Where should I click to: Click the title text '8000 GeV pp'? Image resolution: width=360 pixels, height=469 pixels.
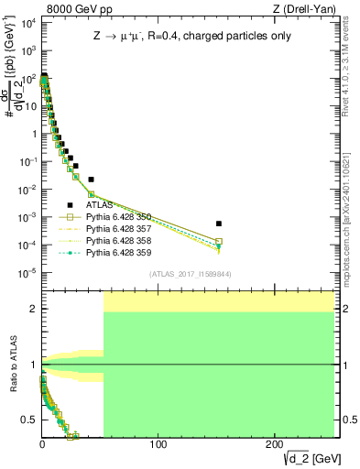(73, 9)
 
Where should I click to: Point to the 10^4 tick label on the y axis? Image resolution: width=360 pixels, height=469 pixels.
(27, 22)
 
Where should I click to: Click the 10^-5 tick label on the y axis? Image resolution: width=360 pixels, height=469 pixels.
(27, 274)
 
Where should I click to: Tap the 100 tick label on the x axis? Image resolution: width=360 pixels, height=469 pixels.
(158, 445)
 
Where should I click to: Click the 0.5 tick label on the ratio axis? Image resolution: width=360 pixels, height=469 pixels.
(28, 420)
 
